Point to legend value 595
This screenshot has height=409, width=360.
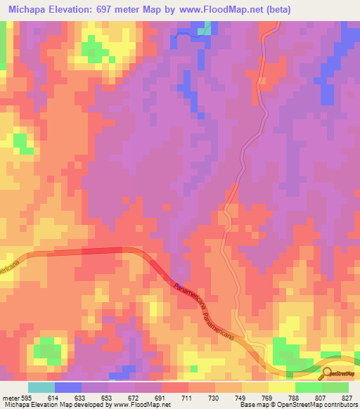point(25,398)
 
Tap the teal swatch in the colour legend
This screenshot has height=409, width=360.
point(41,387)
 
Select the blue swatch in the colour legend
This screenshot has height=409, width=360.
point(68,387)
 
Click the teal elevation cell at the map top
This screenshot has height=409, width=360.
point(205,30)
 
